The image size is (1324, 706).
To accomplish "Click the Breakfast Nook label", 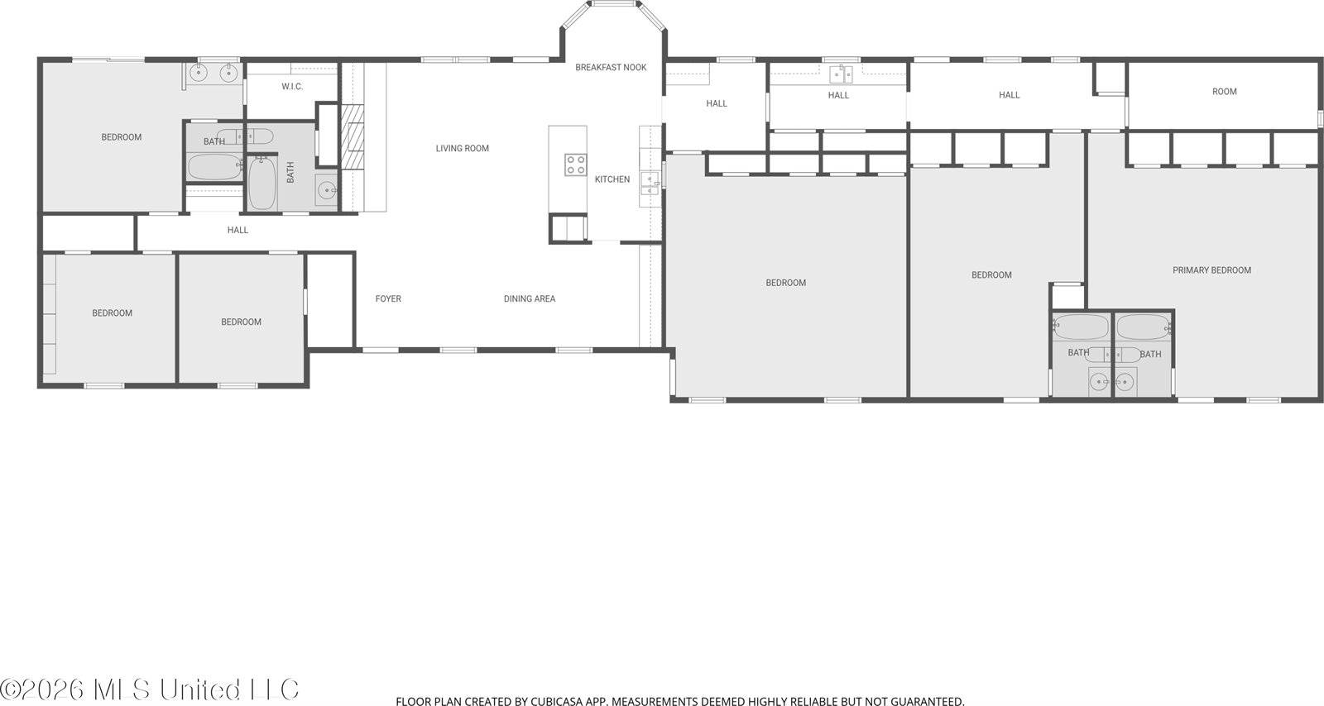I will [x=611, y=68].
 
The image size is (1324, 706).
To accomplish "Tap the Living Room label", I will [x=463, y=149].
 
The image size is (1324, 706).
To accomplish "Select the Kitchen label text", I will [x=612, y=179].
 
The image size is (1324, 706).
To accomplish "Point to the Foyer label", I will [x=388, y=299].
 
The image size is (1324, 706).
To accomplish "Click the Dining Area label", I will [x=530, y=299].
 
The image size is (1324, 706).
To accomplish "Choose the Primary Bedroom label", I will [x=1211, y=270].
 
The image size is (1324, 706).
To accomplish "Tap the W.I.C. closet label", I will [x=292, y=87].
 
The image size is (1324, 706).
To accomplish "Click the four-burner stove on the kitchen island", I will [x=576, y=165].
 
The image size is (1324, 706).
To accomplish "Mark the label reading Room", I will [x=1224, y=92].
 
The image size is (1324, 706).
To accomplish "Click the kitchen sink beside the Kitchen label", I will [x=650, y=183].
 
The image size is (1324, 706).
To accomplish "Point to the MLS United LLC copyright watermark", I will [x=150, y=689].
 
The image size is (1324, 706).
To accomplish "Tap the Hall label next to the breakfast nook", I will [x=717, y=104].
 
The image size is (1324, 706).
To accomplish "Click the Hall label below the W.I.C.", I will [x=237, y=231].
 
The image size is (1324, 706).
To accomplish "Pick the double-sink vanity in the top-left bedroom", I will [x=213, y=74].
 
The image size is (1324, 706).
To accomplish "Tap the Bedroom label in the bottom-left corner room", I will [x=112, y=313].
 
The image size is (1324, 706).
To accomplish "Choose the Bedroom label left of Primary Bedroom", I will [x=991, y=275].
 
